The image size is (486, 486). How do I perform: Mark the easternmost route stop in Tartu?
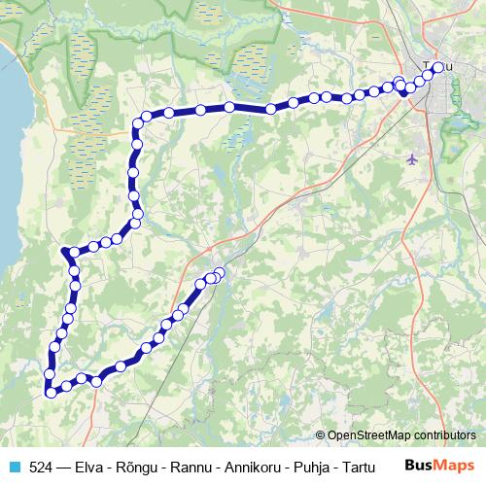tap(438, 67)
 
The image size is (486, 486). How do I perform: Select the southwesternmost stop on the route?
tap(51, 392)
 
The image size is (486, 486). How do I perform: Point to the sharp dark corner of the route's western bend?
tap(64, 251)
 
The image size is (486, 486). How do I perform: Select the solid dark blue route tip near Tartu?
tap(404, 93)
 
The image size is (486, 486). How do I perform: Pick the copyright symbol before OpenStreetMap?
tap(321, 435)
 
